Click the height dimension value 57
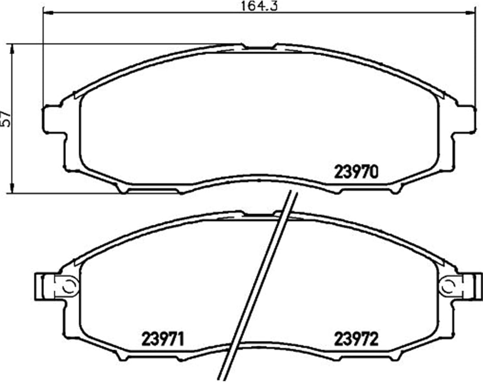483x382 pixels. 6,119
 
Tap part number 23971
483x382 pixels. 163,339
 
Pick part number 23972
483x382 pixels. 356,339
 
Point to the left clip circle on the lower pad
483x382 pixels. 69,287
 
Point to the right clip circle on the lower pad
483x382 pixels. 448,287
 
